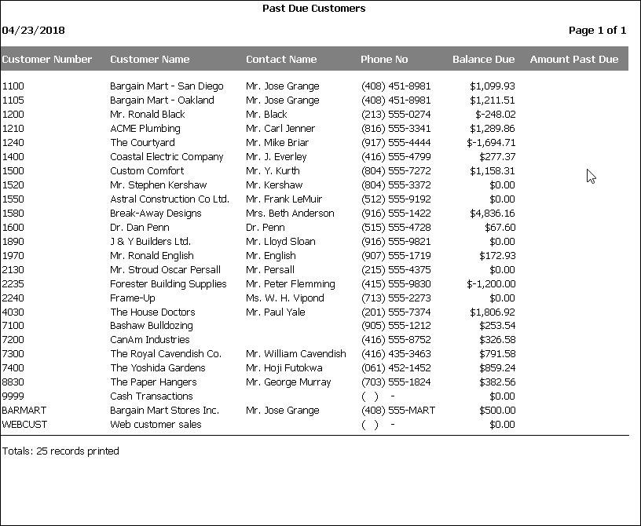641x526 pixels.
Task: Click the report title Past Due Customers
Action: [x=313, y=9]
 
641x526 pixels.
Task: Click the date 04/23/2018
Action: [x=34, y=31]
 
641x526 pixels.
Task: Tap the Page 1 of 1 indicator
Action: [x=597, y=31]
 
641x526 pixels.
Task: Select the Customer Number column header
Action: [x=47, y=59]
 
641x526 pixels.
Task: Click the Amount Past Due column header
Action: [x=574, y=59]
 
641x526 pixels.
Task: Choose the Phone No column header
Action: [x=384, y=59]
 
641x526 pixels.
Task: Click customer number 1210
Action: [x=13, y=129]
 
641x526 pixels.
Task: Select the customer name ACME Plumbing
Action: [x=145, y=129]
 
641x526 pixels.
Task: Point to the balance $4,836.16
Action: [x=493, y=214]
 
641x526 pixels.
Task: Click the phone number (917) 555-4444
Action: [x=396, y=143]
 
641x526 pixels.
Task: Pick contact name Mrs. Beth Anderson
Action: [x=290, y=214]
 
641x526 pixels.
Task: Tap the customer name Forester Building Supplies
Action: [x=168, y=284]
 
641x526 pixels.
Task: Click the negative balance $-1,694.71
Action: [x=491, y=143]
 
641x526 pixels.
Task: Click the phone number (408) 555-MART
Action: [x=398, y=411]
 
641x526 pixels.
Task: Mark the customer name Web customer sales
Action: [x=156, y=425]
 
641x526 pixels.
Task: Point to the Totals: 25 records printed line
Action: [x=60, y=451]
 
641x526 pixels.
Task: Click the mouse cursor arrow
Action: [x=591, y=176]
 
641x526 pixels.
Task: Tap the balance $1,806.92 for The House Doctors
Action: [x=493, y=312]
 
